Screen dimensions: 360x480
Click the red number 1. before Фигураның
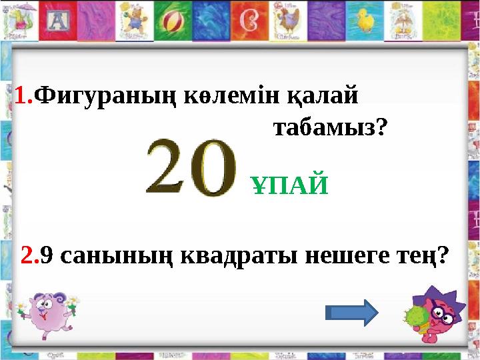(24, 97)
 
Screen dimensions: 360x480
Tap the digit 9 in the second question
(47, 254)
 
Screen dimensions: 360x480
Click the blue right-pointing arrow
(351, 312)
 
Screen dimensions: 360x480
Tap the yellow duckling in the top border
(365, 20)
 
